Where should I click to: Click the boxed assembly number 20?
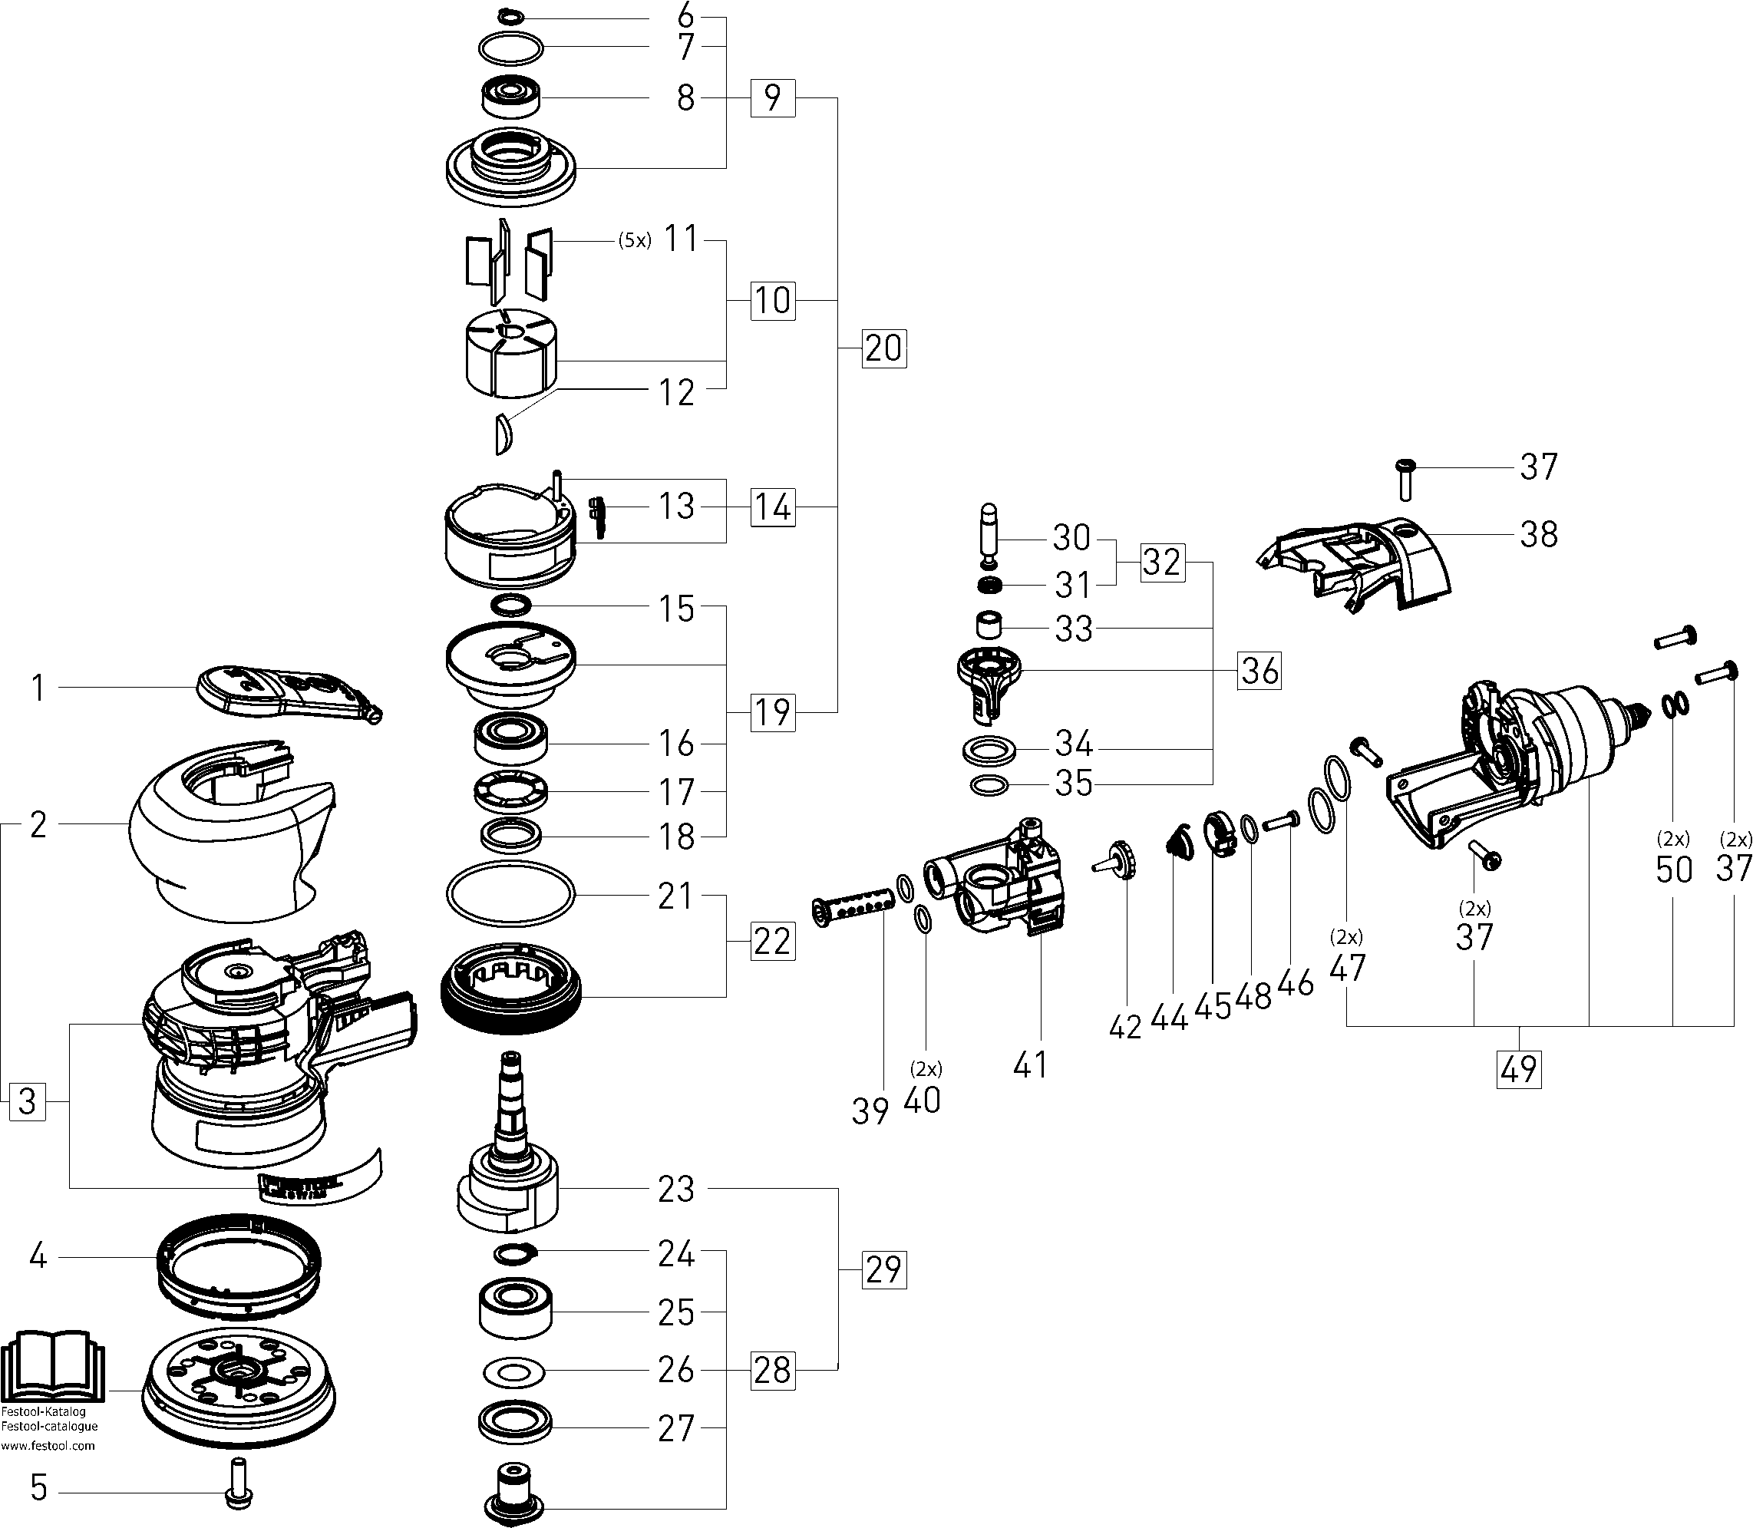click(x=883, y=348)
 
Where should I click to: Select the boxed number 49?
click(x=1519, y=1069)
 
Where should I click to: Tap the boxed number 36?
click(x=1260, y=670)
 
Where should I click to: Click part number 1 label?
click(x=37, y=688)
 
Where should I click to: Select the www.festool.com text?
click(x=48, y=1445)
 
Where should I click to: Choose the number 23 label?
click(x=676, y=1188)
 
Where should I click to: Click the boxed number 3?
click(x=28, y=1101)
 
